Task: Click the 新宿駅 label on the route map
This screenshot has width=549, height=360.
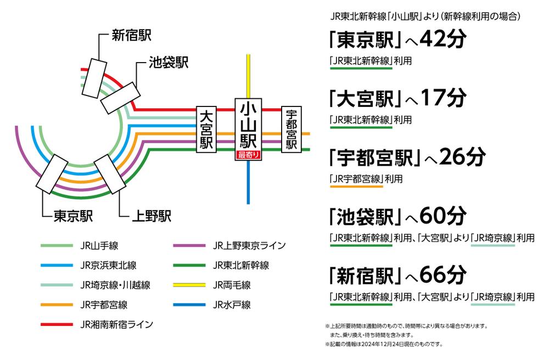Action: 131,36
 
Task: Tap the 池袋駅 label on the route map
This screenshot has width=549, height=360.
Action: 169,63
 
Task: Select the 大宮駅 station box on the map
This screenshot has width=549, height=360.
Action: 206,129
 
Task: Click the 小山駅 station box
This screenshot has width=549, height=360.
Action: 249,126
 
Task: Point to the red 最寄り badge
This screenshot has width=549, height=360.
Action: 249,155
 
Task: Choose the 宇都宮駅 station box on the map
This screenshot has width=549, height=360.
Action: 291,129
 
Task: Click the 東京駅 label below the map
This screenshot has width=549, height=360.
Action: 73,216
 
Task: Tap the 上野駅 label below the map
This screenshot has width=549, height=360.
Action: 152,216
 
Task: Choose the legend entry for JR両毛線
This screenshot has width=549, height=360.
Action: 232,285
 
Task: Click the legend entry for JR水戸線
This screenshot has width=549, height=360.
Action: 232,305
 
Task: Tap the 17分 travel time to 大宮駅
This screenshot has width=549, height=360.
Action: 443,99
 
